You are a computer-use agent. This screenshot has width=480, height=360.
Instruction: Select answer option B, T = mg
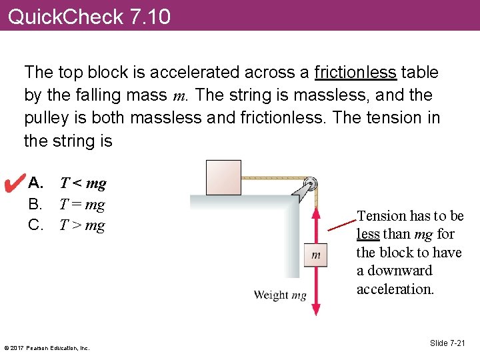pos(82,205)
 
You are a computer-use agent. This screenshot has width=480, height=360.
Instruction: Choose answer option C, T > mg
pos(82,225)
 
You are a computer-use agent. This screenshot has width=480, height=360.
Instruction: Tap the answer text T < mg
pos(83,183)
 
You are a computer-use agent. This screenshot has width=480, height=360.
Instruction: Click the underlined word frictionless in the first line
pos(355,72)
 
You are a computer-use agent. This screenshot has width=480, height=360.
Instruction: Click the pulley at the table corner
pos(310,183)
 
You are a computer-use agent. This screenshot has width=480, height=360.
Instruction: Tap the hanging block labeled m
pos(316,254)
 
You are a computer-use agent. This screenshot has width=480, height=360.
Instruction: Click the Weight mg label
pos(279,295)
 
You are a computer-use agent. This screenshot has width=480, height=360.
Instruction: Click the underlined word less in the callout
pos(368,234)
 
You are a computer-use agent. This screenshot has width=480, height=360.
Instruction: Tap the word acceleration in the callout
pos(395,289)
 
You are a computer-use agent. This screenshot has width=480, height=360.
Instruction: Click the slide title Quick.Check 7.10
pos(89,15)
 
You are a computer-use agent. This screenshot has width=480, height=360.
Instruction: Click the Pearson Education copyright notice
pos(47,347)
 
